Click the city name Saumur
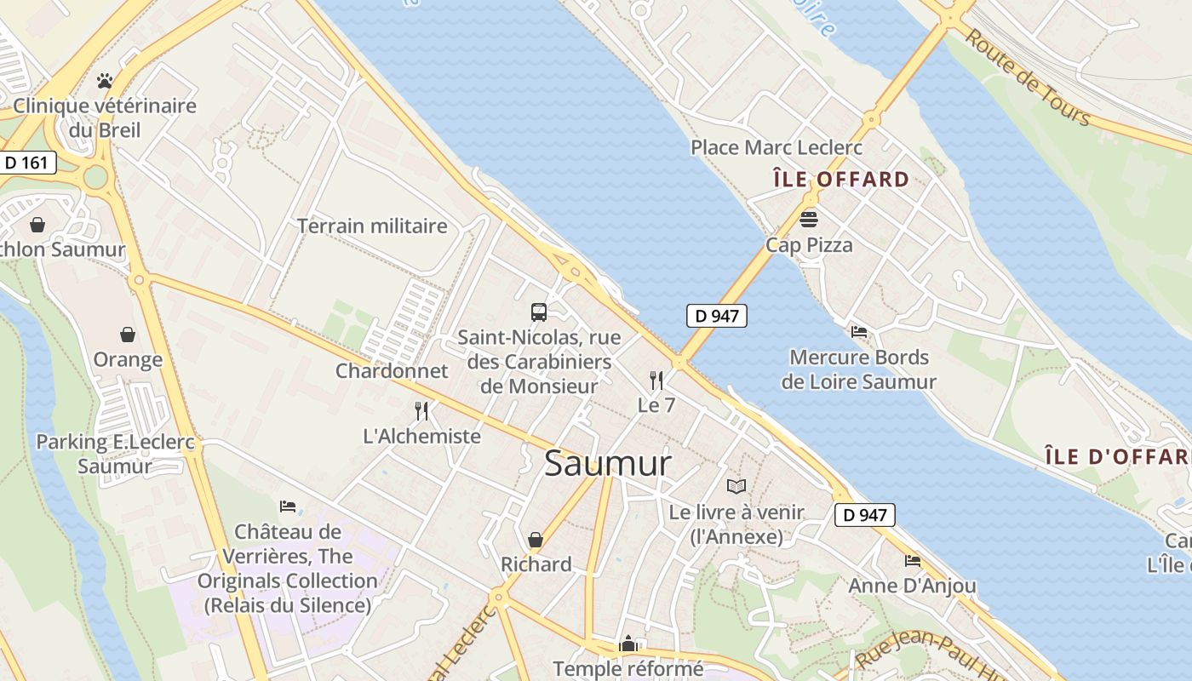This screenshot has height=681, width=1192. point(607,464)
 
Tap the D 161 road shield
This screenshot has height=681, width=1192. point(26,163)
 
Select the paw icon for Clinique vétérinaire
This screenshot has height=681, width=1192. point(105,81)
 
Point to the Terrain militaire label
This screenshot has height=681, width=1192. point(372,226)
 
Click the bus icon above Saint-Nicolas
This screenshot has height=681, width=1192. point(539,312)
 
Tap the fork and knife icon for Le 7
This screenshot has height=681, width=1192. point(656,380)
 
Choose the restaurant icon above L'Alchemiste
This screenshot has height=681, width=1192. point(421,411)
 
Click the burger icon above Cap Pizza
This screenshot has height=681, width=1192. point(808,220)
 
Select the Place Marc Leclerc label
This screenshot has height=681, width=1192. point(777,147)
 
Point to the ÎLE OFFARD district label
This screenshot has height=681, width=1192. point(841,180)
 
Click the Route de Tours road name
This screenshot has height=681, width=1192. point(1028,77)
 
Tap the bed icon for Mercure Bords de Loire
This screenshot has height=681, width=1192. point(859,332)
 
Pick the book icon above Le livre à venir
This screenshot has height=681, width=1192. point(736,486)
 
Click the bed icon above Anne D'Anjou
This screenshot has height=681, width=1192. point(913,561)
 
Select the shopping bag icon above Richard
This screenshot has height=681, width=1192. point(536,540)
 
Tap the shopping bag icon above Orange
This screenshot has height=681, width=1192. point(128,335)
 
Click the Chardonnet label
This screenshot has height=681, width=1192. point(392,371)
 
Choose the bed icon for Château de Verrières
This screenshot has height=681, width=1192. point(288,506)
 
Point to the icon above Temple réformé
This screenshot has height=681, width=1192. point(628,644)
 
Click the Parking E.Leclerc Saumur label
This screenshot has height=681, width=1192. point(115,454)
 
